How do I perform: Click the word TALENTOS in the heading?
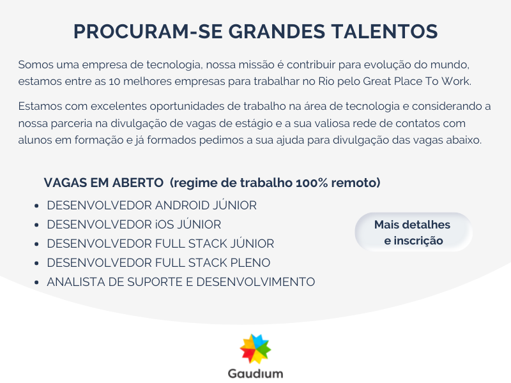point(385,31)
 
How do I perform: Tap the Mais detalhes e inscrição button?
point(413,232)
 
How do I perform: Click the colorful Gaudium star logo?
point(256,349)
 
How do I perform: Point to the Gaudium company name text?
point(256,373)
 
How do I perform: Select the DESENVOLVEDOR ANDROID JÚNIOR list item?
point(151,206)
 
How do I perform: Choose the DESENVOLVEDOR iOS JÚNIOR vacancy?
point(134,225)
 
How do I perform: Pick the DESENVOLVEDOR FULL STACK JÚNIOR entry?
point(160,244)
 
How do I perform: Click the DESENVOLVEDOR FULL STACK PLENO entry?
point(158,263)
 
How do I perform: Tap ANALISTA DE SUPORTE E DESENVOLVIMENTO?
point(181,282)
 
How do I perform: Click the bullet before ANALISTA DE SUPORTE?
point(36,282)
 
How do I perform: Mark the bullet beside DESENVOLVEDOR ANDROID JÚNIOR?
point(36,206)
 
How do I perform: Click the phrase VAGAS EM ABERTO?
point(103,183)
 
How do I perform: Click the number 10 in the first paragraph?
point(114,81)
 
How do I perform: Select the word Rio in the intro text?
point(326,81)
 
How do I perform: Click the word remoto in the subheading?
point(356,183)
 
